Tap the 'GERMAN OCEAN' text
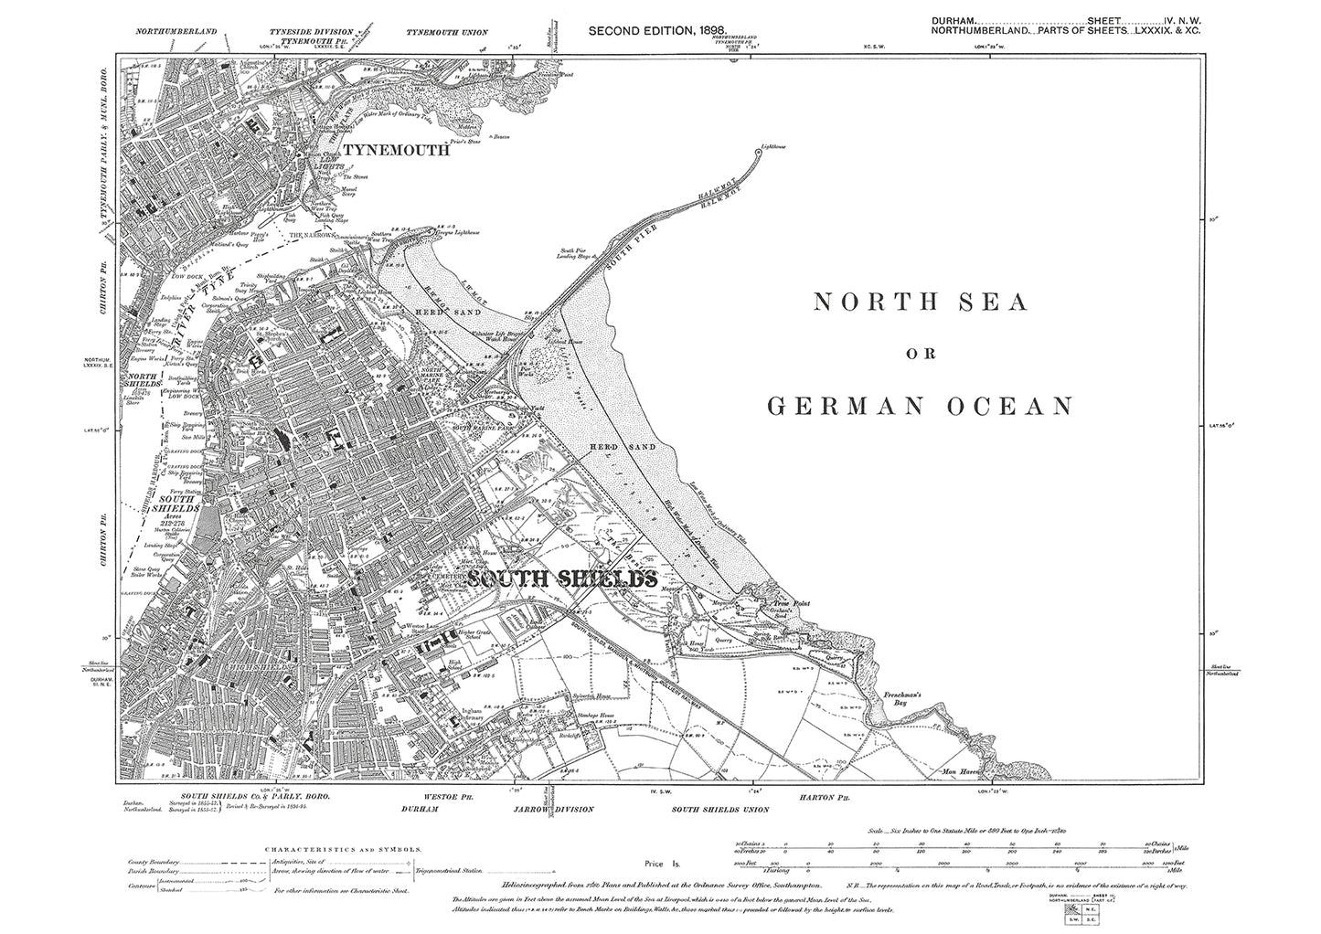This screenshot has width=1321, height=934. [920, 406]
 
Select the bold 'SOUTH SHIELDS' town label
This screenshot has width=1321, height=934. [561, 579]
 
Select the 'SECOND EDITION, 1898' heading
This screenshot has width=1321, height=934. [657, 31]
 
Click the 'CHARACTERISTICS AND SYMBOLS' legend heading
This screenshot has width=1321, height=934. [343, 849]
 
